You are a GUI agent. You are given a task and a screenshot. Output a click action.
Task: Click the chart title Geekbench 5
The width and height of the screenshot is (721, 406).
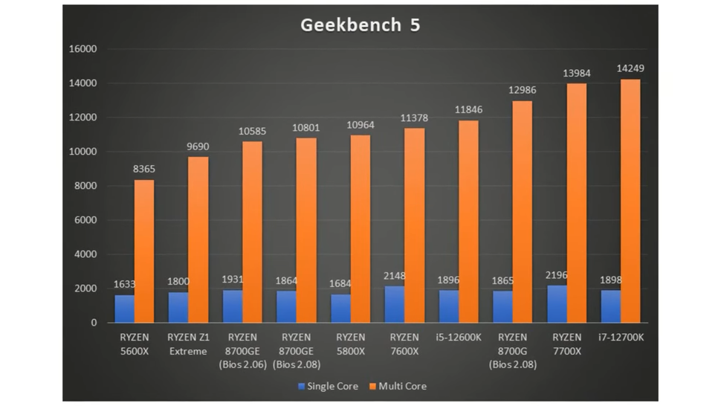tap(360, 25)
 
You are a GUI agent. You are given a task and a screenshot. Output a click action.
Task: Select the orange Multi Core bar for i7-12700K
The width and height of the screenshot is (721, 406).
tap(630, 201)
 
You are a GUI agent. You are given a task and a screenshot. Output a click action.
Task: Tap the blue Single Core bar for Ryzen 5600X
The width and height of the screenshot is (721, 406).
tap(124, 309)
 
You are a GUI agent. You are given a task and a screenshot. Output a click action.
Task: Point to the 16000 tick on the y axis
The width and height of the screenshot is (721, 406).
tap(83, 49)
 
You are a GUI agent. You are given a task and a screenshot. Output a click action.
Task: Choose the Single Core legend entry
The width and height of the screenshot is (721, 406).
tap(327, 386)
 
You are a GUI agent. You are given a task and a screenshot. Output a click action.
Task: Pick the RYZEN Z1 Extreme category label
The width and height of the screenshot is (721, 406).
tap(188, 344)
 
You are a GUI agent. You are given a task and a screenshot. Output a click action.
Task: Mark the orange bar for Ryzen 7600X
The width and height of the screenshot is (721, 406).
tap(414, 225)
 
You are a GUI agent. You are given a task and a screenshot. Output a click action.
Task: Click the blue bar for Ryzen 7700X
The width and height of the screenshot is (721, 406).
tap(557, 303)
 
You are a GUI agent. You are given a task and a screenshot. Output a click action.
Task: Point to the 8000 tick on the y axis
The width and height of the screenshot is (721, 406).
tap(85, 186)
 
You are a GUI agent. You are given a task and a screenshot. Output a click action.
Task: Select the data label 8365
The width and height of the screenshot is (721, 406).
tap(144, 169)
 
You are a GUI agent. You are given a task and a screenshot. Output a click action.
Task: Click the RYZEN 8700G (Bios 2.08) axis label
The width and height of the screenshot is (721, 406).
tap(512, 350)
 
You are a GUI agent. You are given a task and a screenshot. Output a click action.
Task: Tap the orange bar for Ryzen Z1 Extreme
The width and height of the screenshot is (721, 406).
tap(198, 239)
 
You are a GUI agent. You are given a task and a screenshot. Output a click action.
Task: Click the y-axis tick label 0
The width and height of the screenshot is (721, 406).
tap(94, 323)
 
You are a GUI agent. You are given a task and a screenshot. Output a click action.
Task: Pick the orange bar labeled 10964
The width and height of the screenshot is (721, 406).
tap(360, 228)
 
